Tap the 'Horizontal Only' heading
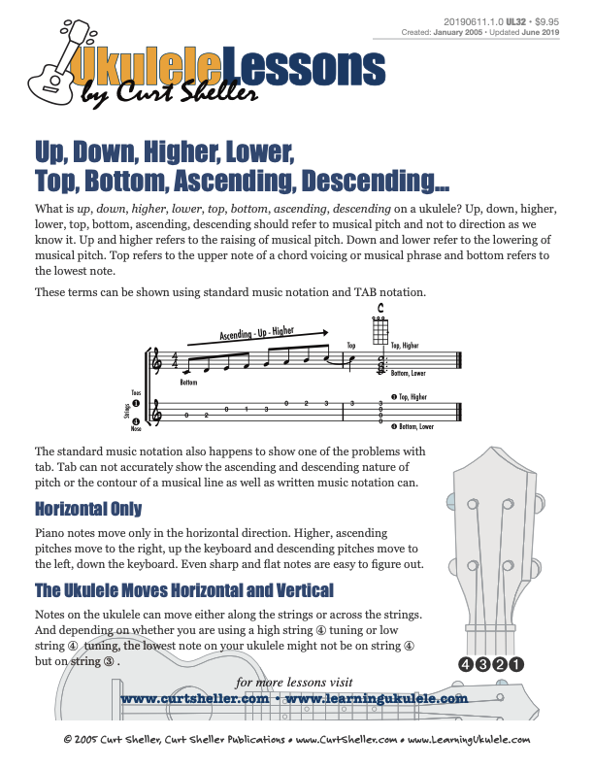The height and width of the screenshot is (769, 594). point(88,509)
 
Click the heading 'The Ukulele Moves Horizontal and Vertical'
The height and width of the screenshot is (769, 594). point(184,590)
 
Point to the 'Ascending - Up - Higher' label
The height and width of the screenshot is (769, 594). point(256,334)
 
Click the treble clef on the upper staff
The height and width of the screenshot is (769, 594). point(160,364)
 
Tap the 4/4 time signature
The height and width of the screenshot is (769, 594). point(176,361)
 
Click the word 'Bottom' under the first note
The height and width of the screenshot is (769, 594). point(188,383)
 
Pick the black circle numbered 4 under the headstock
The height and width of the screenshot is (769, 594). point(466,665)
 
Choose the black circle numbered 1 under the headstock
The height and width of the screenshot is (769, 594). point(516,665)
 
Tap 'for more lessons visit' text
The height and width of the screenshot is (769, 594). point(295,682)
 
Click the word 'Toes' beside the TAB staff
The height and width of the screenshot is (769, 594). point(136,392)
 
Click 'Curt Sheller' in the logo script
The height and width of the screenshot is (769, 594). point(184,92)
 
